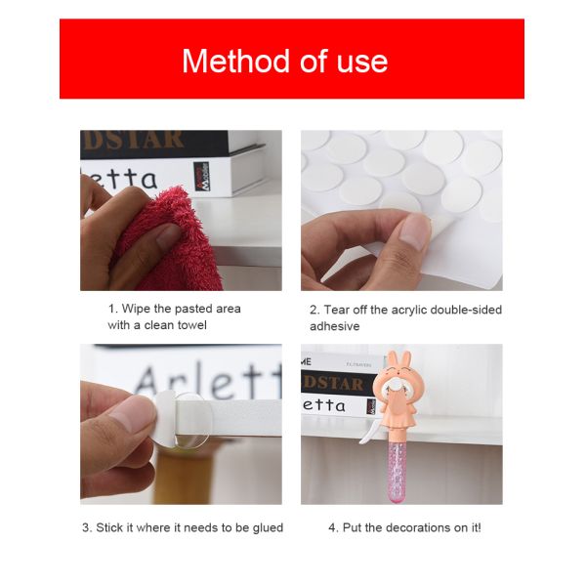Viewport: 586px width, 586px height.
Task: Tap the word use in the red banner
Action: click(x=361, y=63)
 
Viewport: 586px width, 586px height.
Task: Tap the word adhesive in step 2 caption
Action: click(x=334, y=326)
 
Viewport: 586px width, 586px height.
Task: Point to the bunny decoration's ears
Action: click(x=400, y=359)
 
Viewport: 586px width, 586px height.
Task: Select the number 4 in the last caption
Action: click(x=332, y=527)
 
